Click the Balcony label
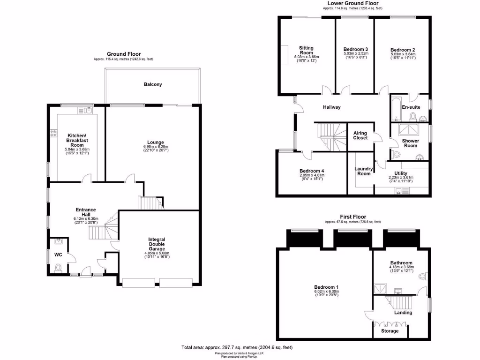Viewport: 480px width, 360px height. point(153,84)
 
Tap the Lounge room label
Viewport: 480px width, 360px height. point(155,142)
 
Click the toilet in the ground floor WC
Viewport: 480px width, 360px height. point(58,268)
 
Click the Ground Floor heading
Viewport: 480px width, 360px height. point(123,54)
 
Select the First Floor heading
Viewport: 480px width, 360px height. point(352,217)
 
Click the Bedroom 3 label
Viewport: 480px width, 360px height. point(355,49)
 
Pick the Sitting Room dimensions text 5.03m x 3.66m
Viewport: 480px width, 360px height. point(307,57)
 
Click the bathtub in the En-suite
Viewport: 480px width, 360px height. point(397,108)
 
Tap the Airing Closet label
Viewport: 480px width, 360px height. point(360,135)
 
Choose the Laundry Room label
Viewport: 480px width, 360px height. point(363,171)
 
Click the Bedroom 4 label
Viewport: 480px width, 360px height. point(312,171)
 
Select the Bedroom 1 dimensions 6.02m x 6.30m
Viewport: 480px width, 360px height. point(327,292)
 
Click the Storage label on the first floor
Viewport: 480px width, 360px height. point(390,331)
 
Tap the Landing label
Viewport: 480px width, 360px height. point(403,312)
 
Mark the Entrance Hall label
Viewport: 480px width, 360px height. point(86,211)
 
